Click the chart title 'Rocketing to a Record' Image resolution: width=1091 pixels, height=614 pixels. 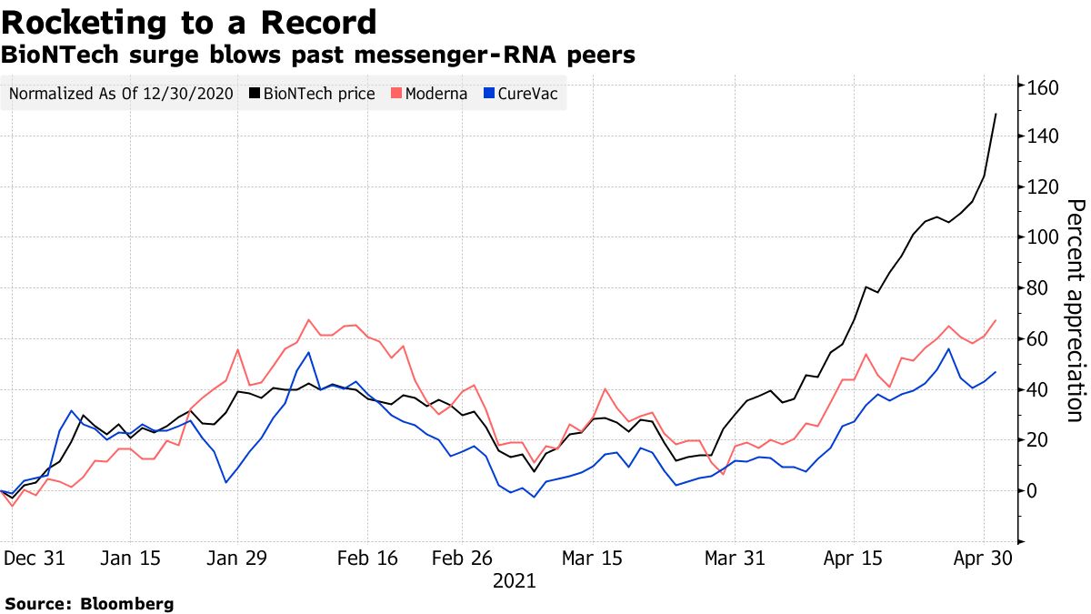coord(188,21)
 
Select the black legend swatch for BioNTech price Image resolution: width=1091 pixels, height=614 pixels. coord(255,94)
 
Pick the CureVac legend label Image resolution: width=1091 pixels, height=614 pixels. coord(527,94)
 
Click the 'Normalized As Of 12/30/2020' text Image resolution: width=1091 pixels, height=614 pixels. coord(121,94)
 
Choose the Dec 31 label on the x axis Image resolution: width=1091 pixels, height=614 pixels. coord(35,558)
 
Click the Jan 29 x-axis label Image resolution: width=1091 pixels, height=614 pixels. coord(238,558)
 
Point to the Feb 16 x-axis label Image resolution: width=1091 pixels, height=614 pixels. coord(367,558)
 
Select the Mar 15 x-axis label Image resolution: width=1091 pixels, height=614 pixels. coord(592,558)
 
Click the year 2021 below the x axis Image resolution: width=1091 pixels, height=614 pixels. coord(515,580)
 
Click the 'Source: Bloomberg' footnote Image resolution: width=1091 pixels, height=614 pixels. coord(88,603)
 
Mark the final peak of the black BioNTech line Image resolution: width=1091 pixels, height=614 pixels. coord(996,115)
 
